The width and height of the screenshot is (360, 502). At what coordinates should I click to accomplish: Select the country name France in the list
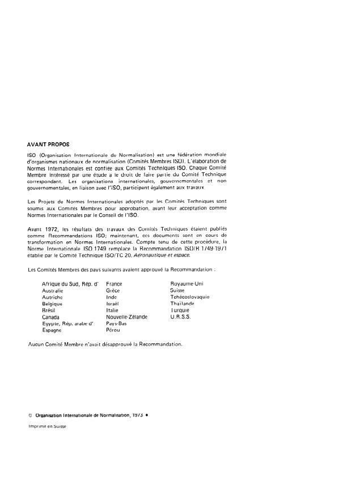click(x=114, y=283)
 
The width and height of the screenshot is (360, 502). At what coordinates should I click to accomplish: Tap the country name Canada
click(x=51, y=317)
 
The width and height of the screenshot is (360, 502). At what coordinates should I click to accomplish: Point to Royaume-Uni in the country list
click(x=187, y=283)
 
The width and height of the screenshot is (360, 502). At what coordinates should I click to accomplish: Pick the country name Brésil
click(x=50, y=310)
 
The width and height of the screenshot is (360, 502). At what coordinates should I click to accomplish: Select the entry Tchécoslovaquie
click(x=190, y=296)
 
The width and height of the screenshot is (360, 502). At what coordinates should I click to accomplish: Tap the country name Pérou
click(x=113, y=330)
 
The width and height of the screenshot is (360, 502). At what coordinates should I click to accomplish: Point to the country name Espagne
click(x=52, y=330)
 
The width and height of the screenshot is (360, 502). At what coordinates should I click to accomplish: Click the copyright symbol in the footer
click(x=30, y=414)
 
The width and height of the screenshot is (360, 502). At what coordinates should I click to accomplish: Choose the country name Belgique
click(x=52, y=303)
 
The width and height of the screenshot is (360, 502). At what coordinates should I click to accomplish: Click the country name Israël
click(x=113, y=303)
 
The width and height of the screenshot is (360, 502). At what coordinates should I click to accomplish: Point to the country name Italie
click(x=113, y=310)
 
